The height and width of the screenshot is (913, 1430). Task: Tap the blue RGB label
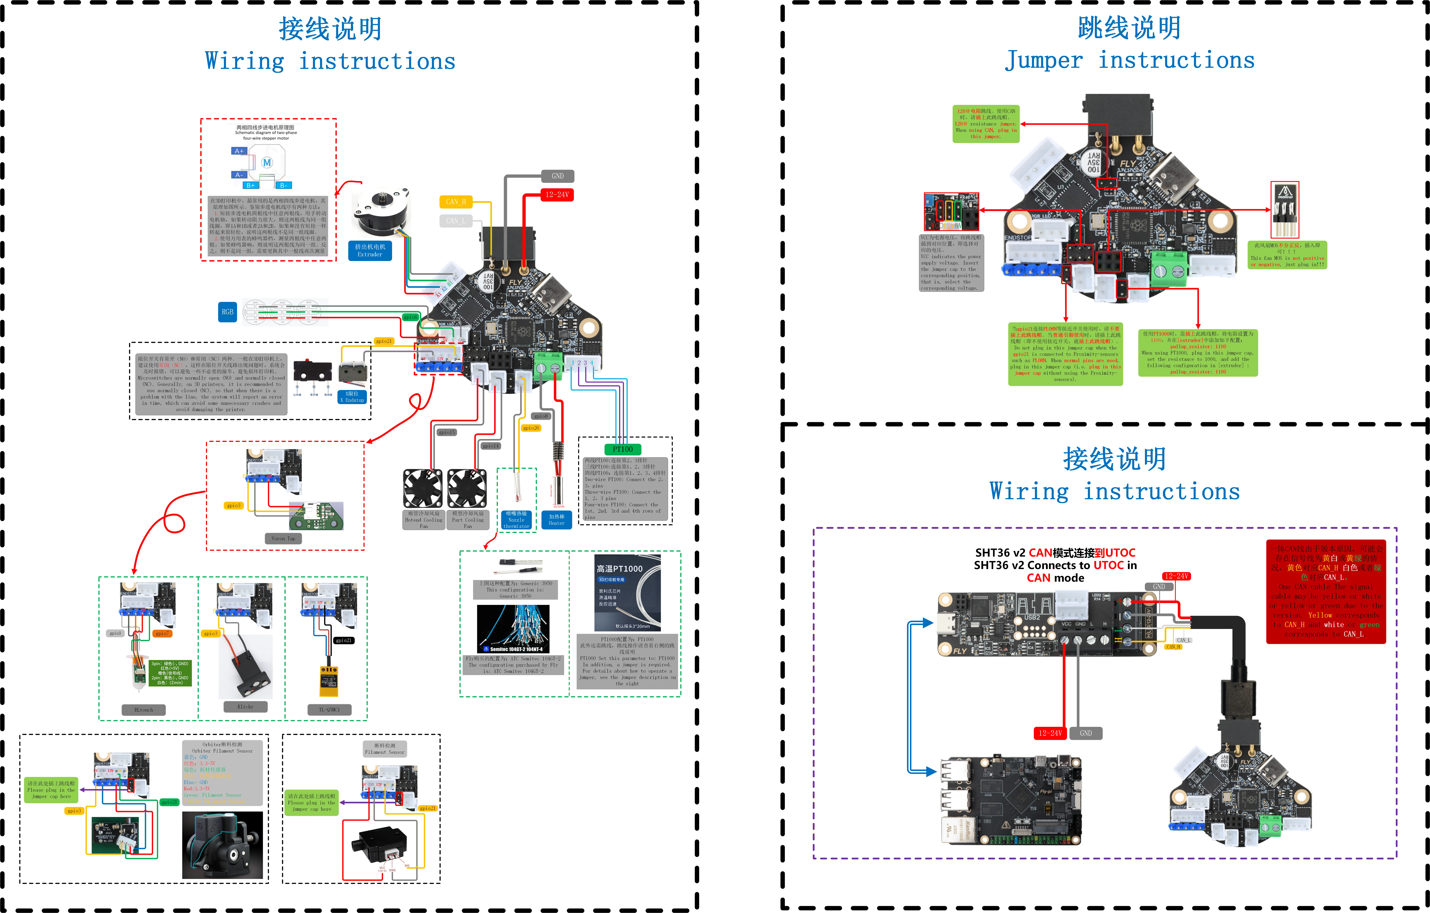click(x=227, y=312)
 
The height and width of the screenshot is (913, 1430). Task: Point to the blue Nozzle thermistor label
click(x=516, y=520)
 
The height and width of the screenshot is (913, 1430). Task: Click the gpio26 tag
click(x=531, y=428)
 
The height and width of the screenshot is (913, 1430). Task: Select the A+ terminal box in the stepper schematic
click(x=239, y=151)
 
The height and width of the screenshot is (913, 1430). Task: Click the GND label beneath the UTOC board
click(x=1086, y=733)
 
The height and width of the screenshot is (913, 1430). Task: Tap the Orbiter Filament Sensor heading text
click(x=222, y=747)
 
